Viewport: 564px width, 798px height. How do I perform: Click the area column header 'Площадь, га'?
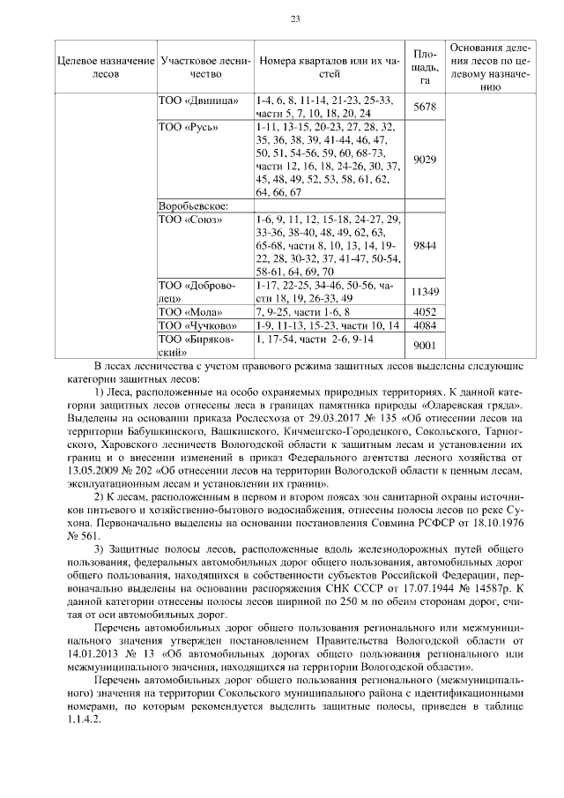(425, 67)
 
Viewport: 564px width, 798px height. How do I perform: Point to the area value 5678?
(425, 107)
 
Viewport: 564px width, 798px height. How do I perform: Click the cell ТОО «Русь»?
(188, 127)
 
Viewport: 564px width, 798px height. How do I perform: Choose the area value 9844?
(425, 245)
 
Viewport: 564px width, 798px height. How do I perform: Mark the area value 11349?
(425, 292)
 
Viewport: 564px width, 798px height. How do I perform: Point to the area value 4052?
(425, 311)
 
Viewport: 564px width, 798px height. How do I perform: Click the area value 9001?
(425, 345)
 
